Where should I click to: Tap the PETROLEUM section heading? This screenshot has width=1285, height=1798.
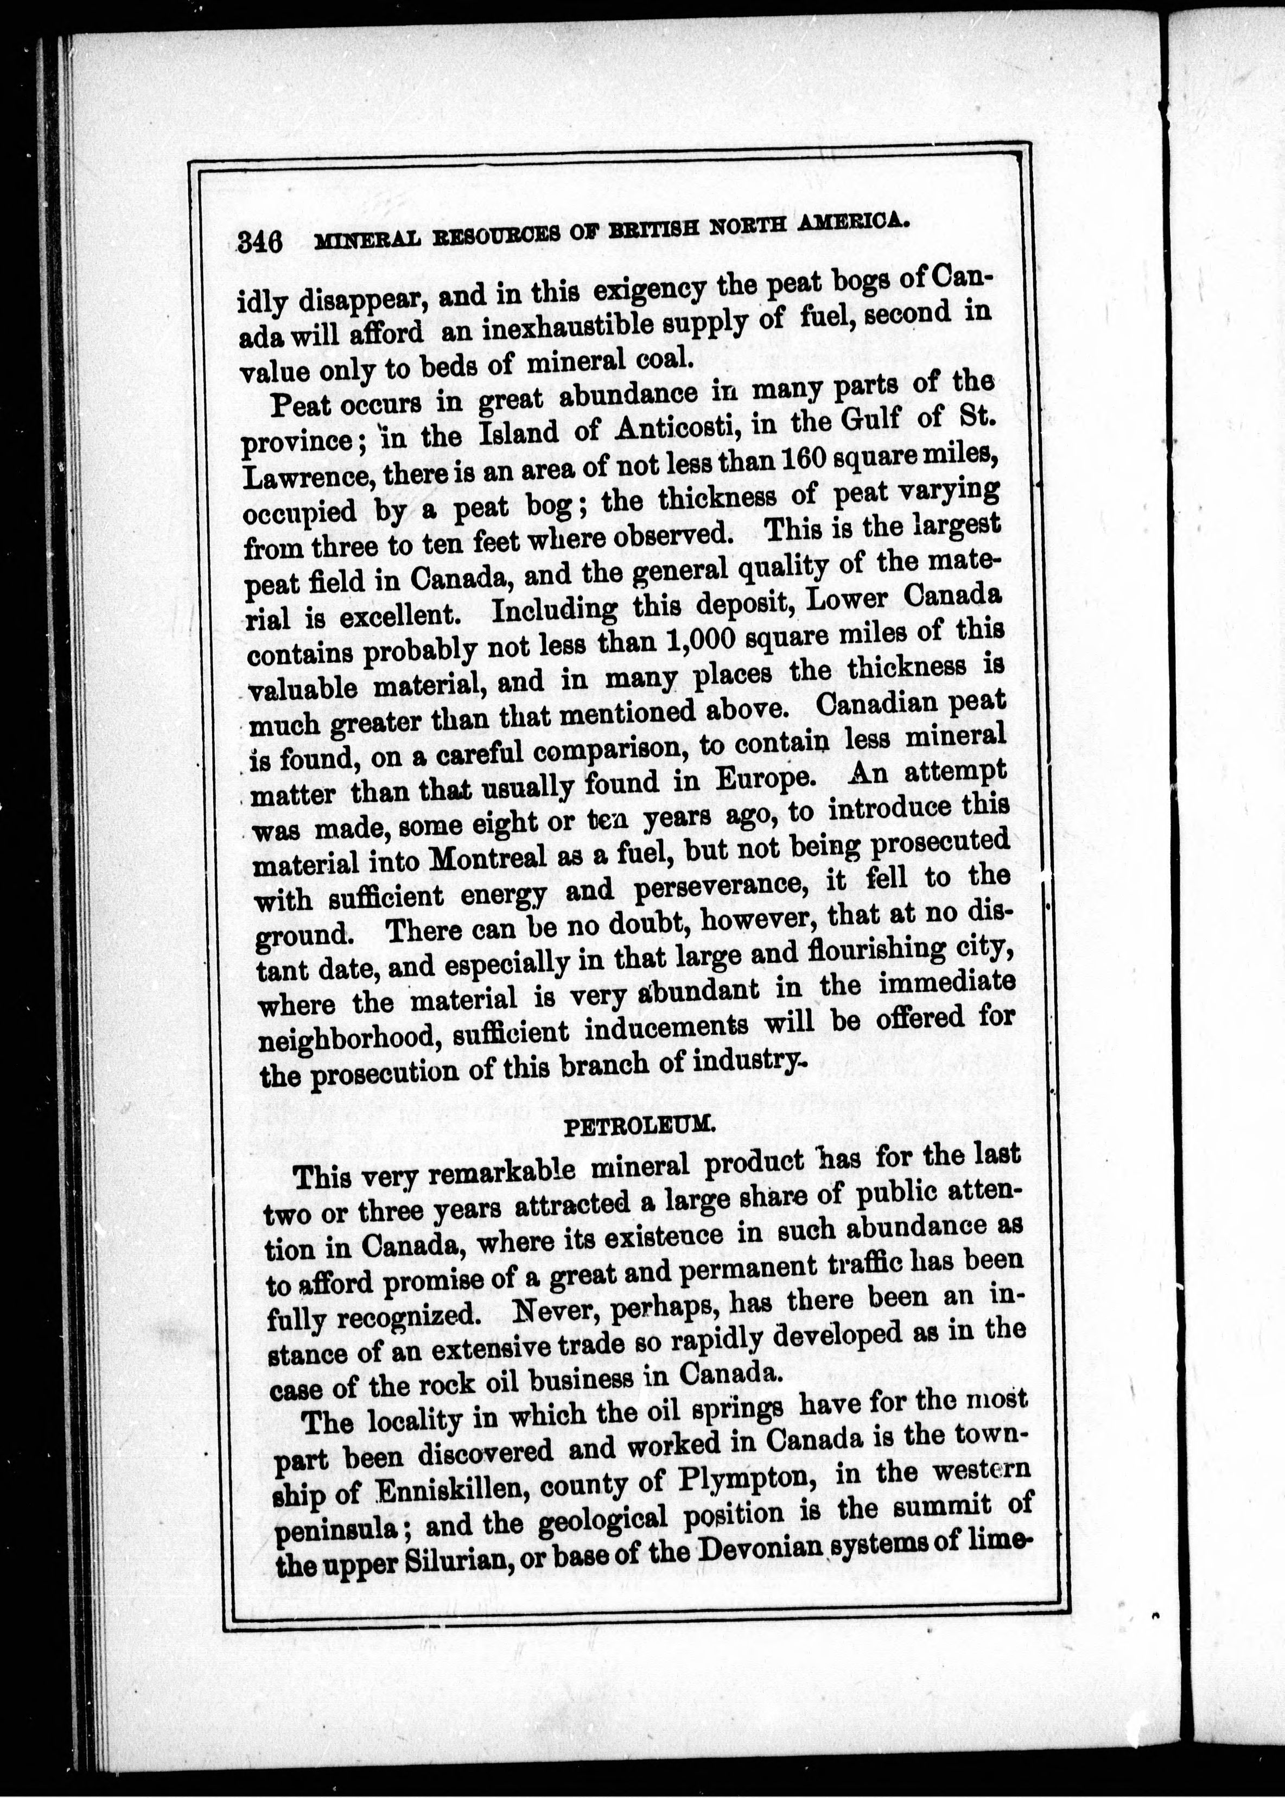(x=639, y=1126)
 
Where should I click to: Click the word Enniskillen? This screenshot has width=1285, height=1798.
(x=443, y=1492)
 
